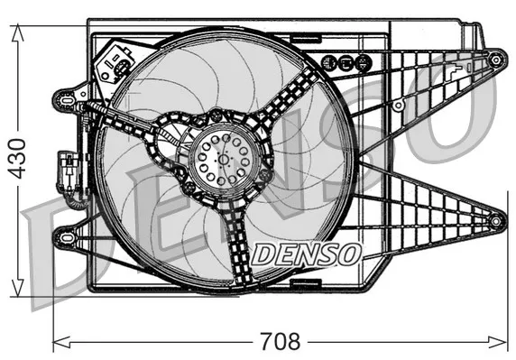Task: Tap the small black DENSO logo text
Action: [x=307, y=254]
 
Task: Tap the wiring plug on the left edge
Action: [x=66, y=168]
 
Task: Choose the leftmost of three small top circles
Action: [x=329, y=63]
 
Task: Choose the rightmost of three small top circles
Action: [x=362, y=63]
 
